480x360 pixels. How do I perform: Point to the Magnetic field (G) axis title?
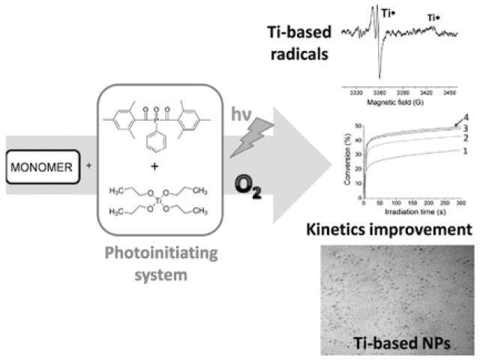pyautogui.click(x=398, y=101)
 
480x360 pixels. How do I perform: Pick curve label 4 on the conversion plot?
pyautogui.click(x=468, y=118)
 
